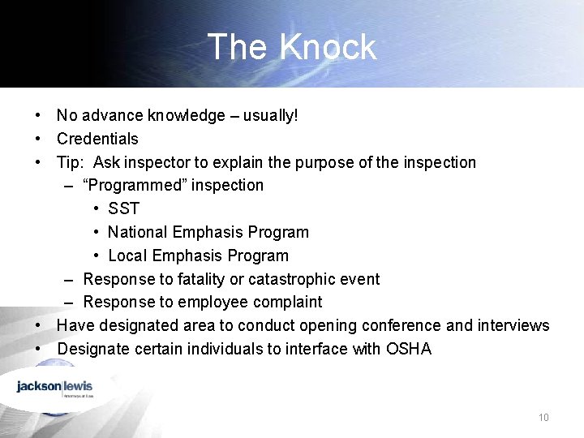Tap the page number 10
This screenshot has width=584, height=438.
pos(543,418)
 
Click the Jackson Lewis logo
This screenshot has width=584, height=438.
pos(55,387)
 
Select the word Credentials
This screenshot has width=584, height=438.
pos(97,139)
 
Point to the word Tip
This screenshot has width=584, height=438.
pos(69,162)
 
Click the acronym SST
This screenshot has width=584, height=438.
pos(123,208)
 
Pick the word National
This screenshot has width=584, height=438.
pos(137,232)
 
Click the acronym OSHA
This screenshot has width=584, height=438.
pos(409,349)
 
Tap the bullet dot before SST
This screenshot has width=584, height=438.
pos(97,208)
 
